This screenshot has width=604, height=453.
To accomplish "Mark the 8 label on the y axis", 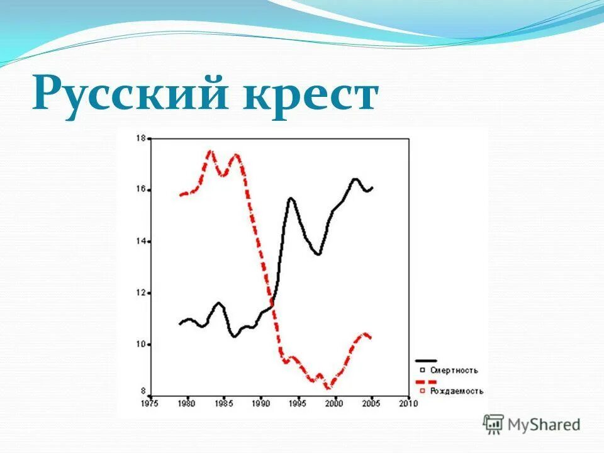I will click(142, 391).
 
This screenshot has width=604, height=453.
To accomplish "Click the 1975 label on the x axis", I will click(150, 403).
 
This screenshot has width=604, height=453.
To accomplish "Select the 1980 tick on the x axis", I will click(187, 403).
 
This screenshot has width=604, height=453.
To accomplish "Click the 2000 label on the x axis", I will click(335, 403).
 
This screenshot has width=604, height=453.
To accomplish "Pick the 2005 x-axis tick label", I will click(372, 403).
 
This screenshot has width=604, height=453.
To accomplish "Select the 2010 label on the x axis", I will click(409, 403).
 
